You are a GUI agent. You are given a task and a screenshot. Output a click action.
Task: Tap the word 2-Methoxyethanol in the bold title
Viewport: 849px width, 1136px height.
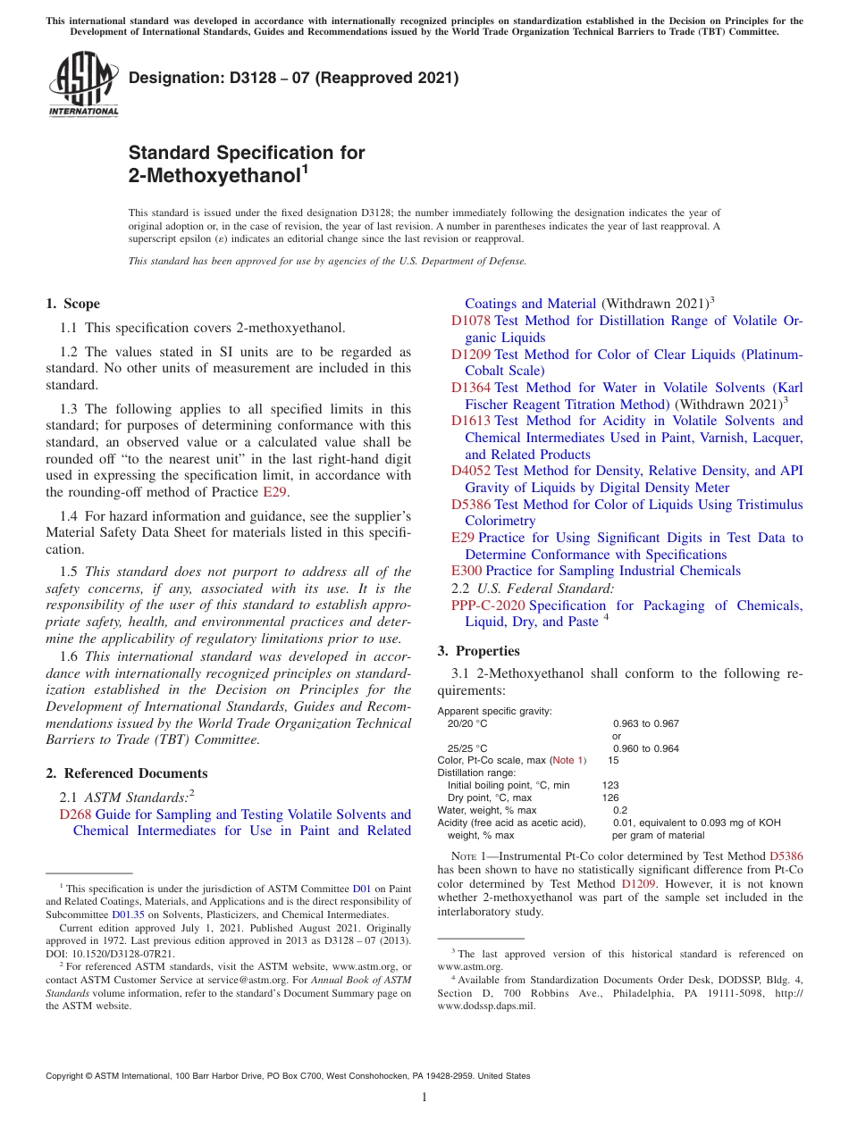[214, 176]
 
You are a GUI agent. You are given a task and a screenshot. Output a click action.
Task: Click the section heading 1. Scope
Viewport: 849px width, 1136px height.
[73, 304]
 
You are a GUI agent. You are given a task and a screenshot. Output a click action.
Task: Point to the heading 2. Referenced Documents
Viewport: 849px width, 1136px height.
[127, 773]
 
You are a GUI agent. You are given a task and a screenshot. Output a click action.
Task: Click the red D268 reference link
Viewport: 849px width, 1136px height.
[75, 814]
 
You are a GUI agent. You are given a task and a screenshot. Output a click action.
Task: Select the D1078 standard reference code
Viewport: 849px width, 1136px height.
[470, 321]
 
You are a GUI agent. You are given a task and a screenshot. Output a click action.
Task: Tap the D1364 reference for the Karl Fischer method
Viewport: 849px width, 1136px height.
[470, 388]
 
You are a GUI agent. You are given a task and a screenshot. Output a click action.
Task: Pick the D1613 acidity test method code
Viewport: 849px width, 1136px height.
[470, 421]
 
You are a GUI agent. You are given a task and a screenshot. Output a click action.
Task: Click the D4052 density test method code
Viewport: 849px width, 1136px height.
[470, 471]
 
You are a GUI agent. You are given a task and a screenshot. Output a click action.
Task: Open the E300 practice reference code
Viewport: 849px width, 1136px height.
[467, 571]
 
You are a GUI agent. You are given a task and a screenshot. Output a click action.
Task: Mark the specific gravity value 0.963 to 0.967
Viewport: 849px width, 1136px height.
[645, 723]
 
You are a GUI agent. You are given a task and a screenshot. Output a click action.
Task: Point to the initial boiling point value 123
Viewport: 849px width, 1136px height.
[610, 785]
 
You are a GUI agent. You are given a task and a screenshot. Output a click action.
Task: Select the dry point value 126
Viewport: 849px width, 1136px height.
[610, 798]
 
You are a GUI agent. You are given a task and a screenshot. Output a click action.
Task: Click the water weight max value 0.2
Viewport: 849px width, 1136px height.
[620, 810]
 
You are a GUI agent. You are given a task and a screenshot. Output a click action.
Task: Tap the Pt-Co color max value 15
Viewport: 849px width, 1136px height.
[613, 760]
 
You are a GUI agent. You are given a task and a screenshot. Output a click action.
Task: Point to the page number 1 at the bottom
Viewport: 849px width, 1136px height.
[424, 1098]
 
